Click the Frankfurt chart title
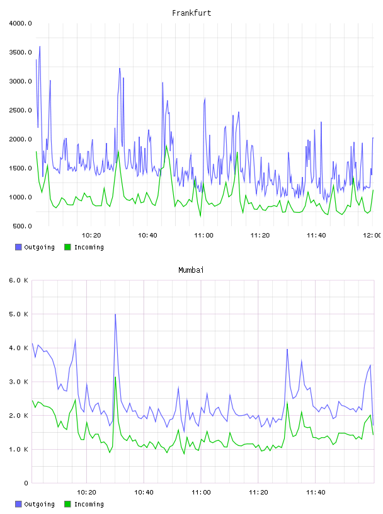coord(191,13)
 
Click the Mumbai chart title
coord(191,270)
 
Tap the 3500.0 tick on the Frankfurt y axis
coord(20,52)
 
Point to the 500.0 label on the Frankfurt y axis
coord(22,226)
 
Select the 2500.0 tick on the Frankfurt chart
coord(20,110)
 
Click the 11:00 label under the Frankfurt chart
coord(203,236)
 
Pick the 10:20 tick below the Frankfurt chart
coord(91,236)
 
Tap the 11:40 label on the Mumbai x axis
coord(316,493)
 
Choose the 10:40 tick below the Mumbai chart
coord(144,493)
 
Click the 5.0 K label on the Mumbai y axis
coord(18,314)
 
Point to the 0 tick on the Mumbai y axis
coord(26,483)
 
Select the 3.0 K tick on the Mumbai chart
coord(18,382)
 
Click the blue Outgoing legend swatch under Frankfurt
coord(18,247)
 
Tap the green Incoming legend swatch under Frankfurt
coord(67,247)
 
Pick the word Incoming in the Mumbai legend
coord(89,504)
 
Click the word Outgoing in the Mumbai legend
coord(39,504)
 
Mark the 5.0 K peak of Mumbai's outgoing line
coord(115,314)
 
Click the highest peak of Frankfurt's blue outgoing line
coord(40,47)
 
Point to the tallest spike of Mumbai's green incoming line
coord(115,377)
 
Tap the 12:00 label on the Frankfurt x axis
coord(372,236)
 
